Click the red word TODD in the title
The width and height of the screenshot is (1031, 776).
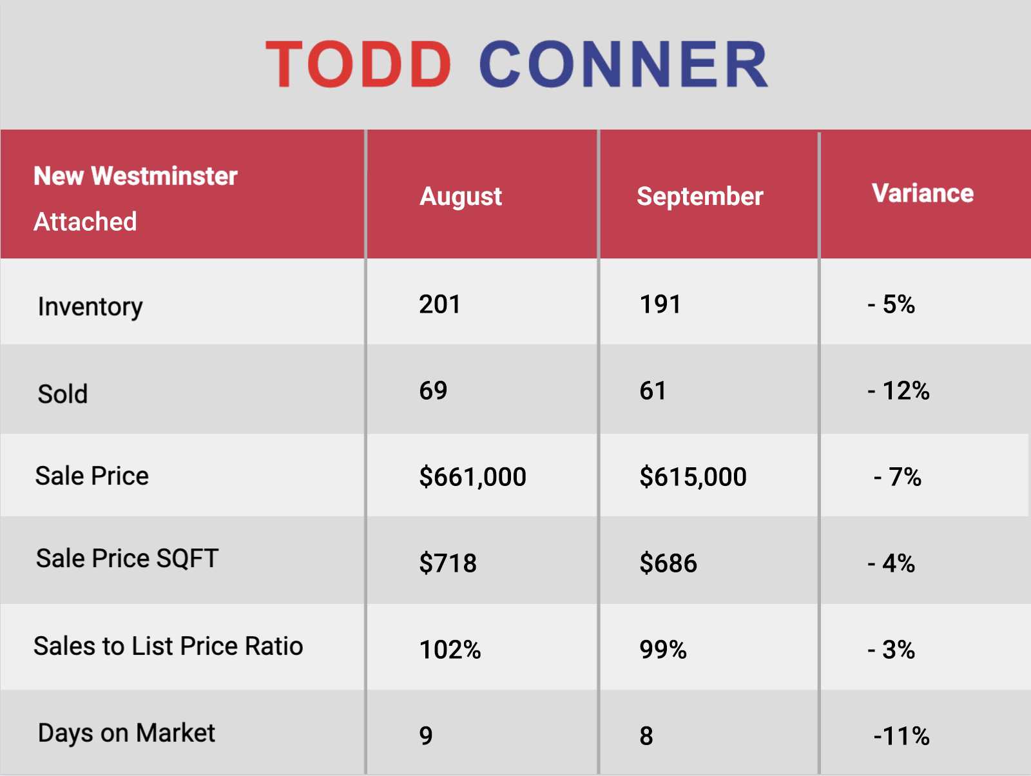[358, 64]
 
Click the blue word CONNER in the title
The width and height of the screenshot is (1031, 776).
[624, 64]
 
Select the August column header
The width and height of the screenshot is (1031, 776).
[460, 197]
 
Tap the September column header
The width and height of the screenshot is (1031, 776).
[700, 197]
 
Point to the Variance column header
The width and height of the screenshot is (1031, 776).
[923, 193]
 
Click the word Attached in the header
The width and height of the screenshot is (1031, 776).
[85, 221]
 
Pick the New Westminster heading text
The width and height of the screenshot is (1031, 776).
[135, 176]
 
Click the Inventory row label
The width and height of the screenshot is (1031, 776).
[90, 307]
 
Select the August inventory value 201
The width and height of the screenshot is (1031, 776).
[439, 304]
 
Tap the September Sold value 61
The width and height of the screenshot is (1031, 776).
[653, 391]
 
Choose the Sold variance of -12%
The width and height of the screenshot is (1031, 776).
[898, 391]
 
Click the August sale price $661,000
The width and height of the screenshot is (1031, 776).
[472, 477]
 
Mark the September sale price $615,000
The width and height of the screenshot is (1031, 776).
[693, 477]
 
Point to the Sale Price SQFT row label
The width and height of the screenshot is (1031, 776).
[128, 559]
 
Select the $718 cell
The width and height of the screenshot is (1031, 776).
[448, 563]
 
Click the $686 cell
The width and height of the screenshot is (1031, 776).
[668, 563]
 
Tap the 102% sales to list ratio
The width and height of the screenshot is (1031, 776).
[450, 650]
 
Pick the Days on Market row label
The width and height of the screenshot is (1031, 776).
[126, 733]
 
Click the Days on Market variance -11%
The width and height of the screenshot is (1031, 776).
[901, 736]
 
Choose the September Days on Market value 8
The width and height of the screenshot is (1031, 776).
[646, 736]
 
